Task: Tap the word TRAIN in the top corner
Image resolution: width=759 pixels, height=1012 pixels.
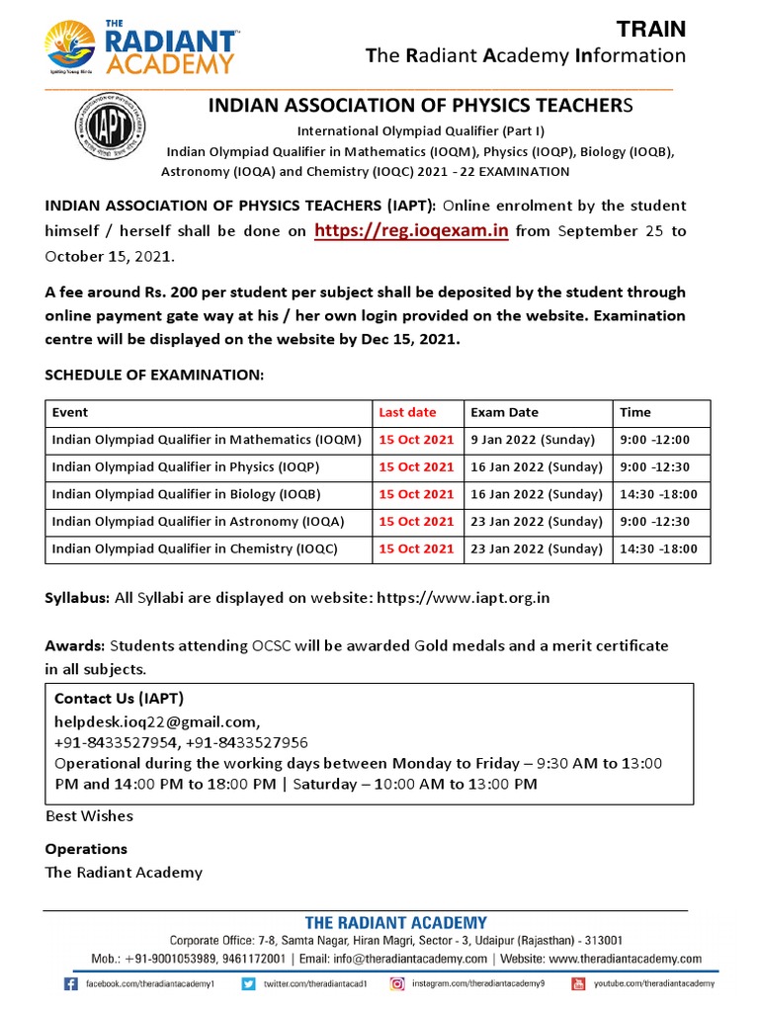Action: (x=650, y=30)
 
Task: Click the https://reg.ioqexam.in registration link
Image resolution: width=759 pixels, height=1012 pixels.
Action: (x=411, y=231)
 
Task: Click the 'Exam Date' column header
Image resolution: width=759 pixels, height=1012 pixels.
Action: (x=504, y=412)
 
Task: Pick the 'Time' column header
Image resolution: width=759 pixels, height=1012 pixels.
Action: (x=634, y=412)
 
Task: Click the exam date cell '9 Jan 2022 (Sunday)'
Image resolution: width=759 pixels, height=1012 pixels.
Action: (x=533, y=440)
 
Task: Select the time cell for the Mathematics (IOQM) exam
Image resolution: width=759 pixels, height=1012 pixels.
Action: (x=654, y=440)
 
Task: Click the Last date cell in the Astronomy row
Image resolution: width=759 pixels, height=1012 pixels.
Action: (x=416, y=522)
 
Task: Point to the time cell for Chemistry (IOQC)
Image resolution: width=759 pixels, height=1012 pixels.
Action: (x=658, y=548)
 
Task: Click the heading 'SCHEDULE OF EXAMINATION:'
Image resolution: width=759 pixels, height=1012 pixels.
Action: (x=154, y=376)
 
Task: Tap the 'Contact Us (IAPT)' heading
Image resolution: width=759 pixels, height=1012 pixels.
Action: (x=119, y=699)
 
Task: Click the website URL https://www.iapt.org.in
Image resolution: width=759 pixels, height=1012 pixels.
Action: (x=465, y=599)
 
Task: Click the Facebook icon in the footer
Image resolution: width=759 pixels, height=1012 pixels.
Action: (x=71, y=984)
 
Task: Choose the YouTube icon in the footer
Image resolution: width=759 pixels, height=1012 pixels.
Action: (x=578, y=984)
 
